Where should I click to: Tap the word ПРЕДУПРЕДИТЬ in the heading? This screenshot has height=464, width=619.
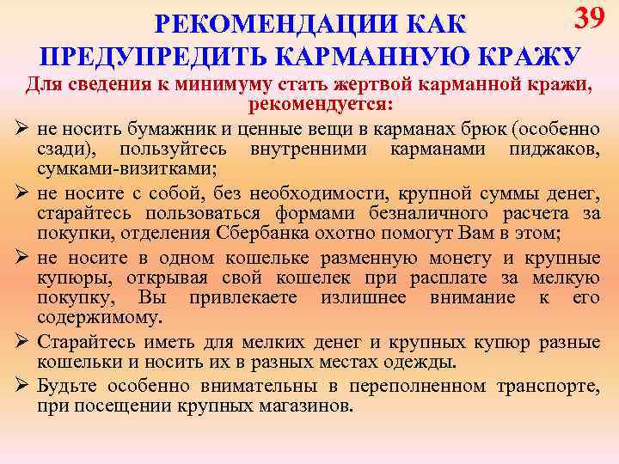(154, 56)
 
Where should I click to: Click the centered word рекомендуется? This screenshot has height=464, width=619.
(321, 105)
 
